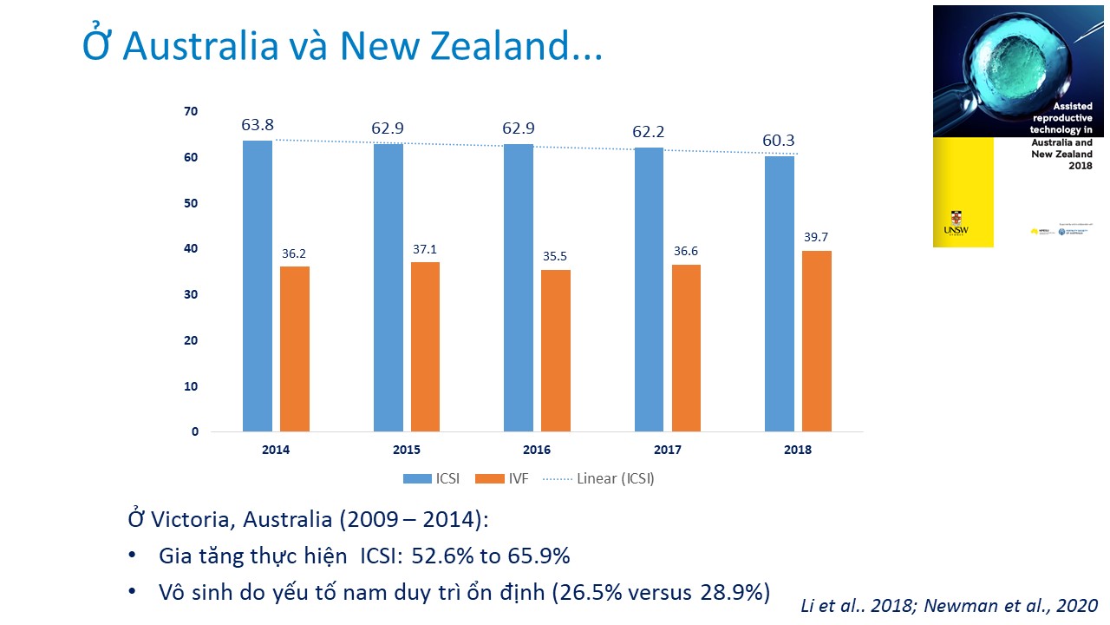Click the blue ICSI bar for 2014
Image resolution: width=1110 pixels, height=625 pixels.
pyautogui.click(x=258, y=286)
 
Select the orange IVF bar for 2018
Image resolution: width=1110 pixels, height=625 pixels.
pyautogui.click(x=817, y=341)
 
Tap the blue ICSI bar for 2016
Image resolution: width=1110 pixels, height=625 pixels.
pyautogui.click(x=519, y=287)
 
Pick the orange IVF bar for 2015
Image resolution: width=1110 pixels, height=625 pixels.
pyautogui.click(x=425, y=346)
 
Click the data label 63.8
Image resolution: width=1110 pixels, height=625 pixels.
pyautogui.click(x=258, y=125)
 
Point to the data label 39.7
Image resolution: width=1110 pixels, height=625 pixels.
pyautogui.click(x=817, y=238)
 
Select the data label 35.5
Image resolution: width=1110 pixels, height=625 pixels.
pyautogui.click(x=556, y=257)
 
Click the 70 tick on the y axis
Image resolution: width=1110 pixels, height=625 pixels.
pyautogui.click(x=191, y=111)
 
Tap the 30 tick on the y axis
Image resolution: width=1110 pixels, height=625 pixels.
pyautogui.click(x=191, y=294)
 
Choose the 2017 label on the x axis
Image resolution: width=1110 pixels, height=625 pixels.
pyautogui.click(x=667, y=450)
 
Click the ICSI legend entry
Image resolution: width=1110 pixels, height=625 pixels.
pyautogui.click(x=431, y=478)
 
